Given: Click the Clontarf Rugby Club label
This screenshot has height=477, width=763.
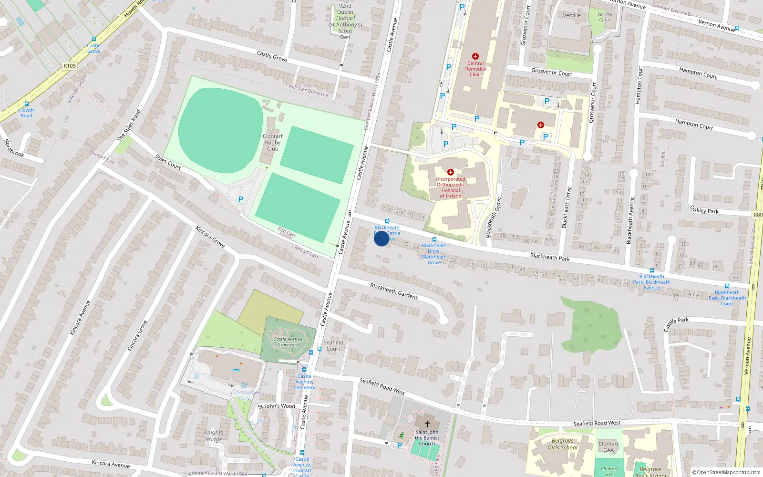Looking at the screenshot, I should (x=273, y=142).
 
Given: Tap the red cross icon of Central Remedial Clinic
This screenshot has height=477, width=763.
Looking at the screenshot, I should (x=475, y=56).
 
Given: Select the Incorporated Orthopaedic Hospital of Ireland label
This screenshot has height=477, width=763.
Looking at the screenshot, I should (x=451, y=187).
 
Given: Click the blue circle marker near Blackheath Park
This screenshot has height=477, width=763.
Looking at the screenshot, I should (x=381, y=238).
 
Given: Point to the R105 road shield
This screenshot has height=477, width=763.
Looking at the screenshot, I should (x=69, y=66).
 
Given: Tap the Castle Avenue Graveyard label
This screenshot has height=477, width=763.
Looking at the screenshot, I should (x=288, y=342).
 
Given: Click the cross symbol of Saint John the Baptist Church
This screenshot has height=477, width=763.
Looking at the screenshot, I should (x=427, y=424).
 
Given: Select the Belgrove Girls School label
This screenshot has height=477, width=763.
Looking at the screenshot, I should (x=563, y=444).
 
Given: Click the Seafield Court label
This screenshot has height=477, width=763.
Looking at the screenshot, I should (x=333, y=345).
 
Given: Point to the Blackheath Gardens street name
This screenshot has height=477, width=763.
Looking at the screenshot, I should (x=394, y=291).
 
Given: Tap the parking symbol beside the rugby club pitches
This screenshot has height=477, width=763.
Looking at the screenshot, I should (x=241, y=200).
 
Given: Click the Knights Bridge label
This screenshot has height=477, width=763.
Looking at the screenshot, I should (x=214, y=436).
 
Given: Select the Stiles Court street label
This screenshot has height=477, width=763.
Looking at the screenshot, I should (x=168, y=162).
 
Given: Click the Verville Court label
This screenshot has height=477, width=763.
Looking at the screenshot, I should (x=605, y=17).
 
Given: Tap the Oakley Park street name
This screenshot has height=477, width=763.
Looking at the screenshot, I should (x=704, y=209).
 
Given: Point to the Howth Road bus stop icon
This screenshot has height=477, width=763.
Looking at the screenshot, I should (x=27, y=104).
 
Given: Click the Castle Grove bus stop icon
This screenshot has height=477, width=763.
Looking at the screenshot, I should (x=94, y=40).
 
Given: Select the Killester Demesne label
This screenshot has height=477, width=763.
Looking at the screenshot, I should (x=309, y=90).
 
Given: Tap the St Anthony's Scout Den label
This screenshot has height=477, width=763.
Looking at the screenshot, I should (x=345, y=21).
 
